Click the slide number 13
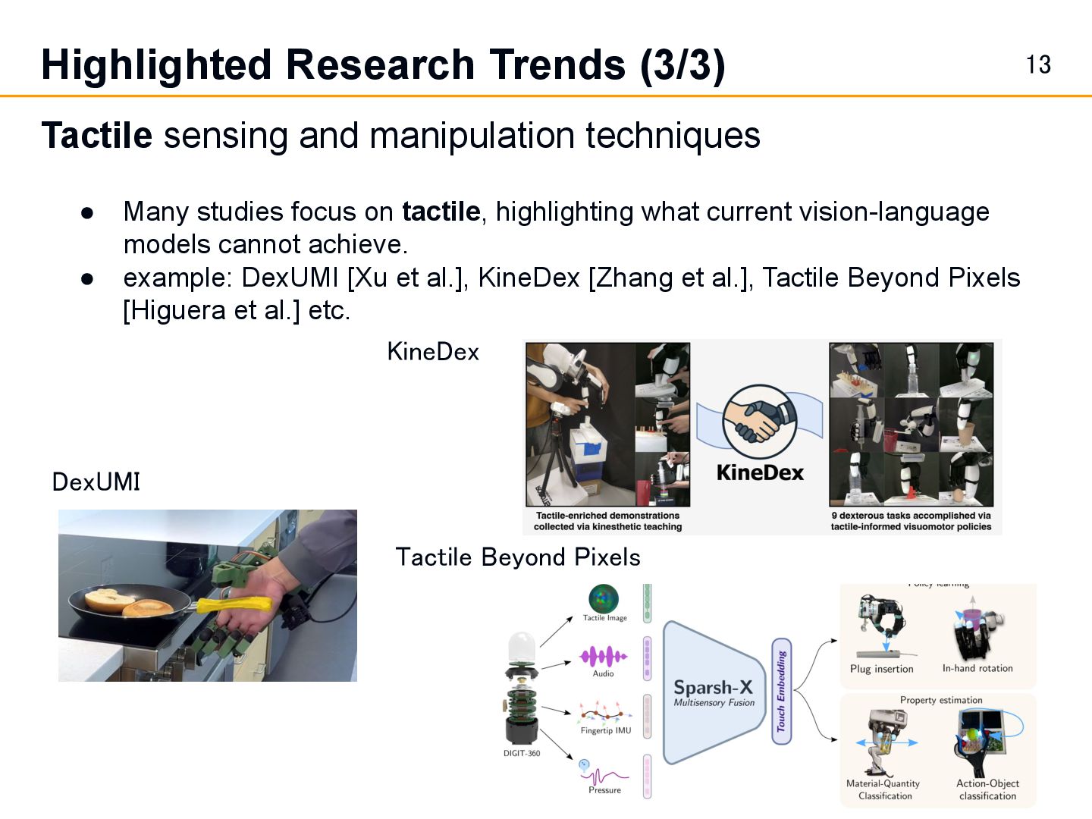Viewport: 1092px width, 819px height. [x=1038, y=64]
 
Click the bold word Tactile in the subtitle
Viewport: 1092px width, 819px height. [x=96, y=136]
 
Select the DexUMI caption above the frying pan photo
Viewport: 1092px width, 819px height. [x=96, y=482]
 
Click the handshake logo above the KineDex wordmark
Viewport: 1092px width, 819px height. [x=759, y=422]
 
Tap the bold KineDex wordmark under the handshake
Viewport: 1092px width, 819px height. [x=760, y=472]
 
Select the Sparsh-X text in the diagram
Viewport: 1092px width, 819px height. [x=713, y=687]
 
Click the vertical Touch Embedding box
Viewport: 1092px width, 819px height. [x=782, y=691]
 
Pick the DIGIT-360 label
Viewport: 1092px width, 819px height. [x=522, y=753]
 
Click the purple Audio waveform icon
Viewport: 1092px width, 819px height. [x=604, y=657]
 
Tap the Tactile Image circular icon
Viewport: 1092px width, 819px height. [x=604, y=598]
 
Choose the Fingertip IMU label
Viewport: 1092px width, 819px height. [x=606, y=730]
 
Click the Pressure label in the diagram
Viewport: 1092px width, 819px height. [x=604, y=790]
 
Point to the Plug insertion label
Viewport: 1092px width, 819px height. [x=881, y=669]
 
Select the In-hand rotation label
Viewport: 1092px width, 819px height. [x=977, y=668]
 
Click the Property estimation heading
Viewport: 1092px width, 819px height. [x=940, y=700]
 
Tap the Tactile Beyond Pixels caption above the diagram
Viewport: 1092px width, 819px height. [x=518, y=557]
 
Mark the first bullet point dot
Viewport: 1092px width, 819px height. [x=87, y=212]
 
